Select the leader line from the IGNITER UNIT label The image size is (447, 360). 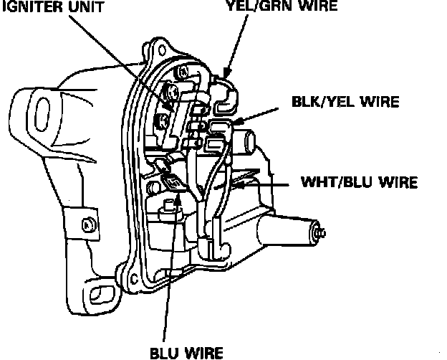click(x=122, y=57)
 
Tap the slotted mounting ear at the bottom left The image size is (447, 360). click(x=98, y=293)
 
